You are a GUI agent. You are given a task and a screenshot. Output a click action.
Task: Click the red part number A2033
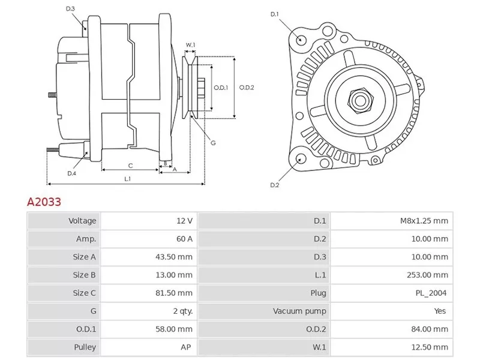(x=44, y=202)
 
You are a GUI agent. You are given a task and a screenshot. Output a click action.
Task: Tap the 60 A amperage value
(x=184, y=239)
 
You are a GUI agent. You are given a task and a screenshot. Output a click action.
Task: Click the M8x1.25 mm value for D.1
(x=424, y=221)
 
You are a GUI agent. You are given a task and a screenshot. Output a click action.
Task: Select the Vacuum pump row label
(x=299, y=311)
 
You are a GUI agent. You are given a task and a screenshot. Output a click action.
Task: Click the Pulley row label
(x=85, y=347)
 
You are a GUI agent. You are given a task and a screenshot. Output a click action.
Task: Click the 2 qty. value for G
(x=182, y=311)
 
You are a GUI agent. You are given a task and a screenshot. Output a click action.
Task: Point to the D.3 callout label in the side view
(x=70, y=9)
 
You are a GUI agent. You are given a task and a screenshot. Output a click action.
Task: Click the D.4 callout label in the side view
(x=71, y=173)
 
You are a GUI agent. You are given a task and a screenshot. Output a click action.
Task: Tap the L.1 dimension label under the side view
(x=128, y=179)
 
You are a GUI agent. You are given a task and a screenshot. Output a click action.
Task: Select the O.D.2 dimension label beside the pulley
(x=247, y=88)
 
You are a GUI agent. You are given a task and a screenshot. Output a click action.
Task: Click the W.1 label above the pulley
(x=190, y=45)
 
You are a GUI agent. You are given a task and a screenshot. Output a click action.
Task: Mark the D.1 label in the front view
(x=275, y=14)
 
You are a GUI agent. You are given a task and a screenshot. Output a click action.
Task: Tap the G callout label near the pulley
(x=213, y=142)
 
